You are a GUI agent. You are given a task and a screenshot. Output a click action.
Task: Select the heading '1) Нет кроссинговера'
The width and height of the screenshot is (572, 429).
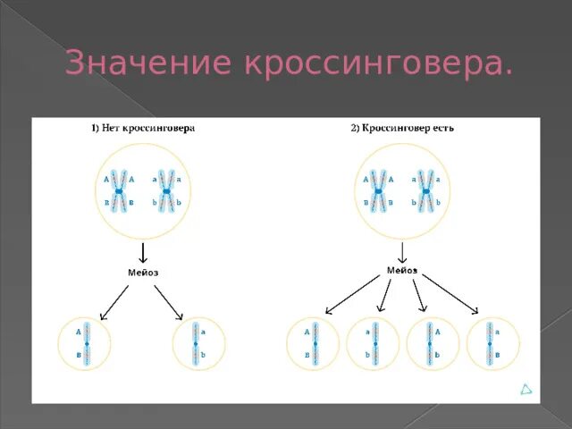pos(142,128)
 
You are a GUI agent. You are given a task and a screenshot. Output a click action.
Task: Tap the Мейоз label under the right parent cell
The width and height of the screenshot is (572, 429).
pos(402,268)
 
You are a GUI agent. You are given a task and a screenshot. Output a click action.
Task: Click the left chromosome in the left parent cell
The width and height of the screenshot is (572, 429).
pos(119,190)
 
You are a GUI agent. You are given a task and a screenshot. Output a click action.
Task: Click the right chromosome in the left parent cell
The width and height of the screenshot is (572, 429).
pos(166,190)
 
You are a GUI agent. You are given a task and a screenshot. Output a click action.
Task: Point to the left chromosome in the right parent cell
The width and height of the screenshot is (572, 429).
pos(379,190)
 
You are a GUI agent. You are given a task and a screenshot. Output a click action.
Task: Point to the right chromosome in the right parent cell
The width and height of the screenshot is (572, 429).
pos(426,190)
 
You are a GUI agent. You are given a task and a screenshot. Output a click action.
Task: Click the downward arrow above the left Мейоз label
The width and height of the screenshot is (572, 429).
pos(142,251)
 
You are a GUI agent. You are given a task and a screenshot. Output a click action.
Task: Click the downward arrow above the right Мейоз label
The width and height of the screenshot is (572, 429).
pos(402,251)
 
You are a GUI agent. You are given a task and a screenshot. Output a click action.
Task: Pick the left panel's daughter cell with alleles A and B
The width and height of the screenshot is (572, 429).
pos(86,343)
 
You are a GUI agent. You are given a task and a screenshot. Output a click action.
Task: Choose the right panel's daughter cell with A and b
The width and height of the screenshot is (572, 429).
pos(433,343)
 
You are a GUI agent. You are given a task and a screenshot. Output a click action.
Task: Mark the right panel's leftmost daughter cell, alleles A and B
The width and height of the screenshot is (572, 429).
pos(314,343)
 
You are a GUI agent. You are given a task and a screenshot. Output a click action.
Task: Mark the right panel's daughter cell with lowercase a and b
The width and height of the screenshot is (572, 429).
pos(374,343)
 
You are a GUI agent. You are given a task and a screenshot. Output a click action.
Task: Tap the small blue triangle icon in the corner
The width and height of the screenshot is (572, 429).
pos(527,390)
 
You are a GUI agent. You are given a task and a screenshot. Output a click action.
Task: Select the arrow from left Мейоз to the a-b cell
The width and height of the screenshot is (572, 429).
pos(169,302)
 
